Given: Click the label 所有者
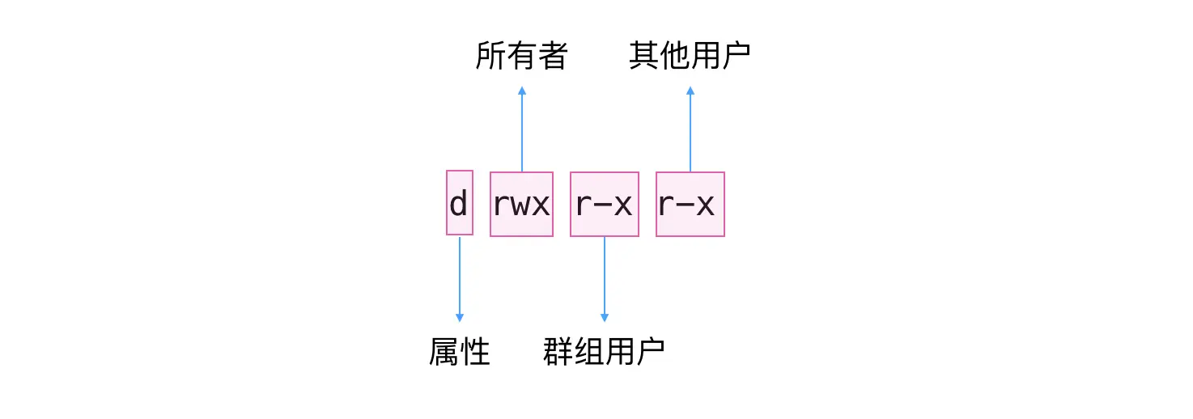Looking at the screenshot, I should tap(521, 57).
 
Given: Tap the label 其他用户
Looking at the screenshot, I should tap(690, 57).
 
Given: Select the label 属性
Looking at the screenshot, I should tap(460, 352).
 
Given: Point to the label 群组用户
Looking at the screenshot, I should tap(604, 352).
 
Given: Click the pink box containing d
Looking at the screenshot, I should tap(459, 203).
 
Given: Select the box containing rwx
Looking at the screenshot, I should tap(521, 204).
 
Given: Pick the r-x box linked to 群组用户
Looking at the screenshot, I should tap(604, 204).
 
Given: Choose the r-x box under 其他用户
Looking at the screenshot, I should tap(690, 204).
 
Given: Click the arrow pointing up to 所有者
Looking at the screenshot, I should tap(521, 129).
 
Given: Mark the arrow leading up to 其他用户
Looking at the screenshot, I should tap(690, 129).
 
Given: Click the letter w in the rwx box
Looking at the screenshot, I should tap(521, 206).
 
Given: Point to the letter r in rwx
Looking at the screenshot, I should tap(502, 206).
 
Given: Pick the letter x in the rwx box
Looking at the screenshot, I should tap(541, 206).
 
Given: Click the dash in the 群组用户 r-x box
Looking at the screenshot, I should tap(604, 206).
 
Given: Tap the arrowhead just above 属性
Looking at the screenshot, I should tap(459, 317).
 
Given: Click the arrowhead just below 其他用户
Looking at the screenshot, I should tap(690, 91).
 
